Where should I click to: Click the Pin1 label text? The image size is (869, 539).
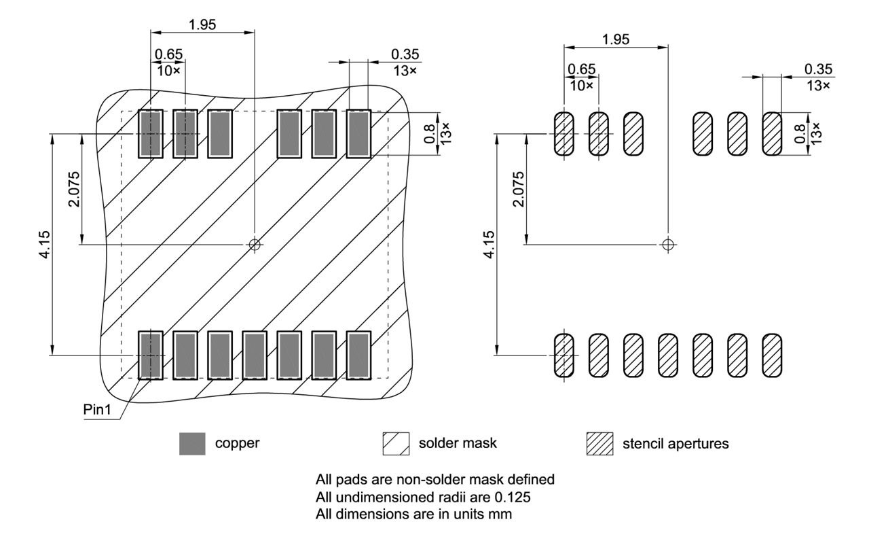pos(98,412)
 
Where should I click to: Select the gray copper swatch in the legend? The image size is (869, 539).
pos(192,444)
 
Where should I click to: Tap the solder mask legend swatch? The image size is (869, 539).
pos(396,444)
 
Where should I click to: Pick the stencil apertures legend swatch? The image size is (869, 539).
pos(599,444)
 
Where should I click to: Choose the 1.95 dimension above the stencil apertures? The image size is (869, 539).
pos(615,39)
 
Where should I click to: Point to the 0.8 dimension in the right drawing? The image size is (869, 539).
pos(799,133)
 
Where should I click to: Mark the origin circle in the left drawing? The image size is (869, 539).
pos(254,244)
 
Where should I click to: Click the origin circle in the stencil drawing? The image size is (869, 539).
pos(668,244)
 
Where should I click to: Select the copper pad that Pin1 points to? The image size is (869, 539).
pos(150,355)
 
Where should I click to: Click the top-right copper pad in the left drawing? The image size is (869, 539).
pos(358,133)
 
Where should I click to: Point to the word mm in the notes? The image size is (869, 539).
pos(503,515)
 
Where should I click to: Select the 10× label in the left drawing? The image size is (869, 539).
pos(167,70)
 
